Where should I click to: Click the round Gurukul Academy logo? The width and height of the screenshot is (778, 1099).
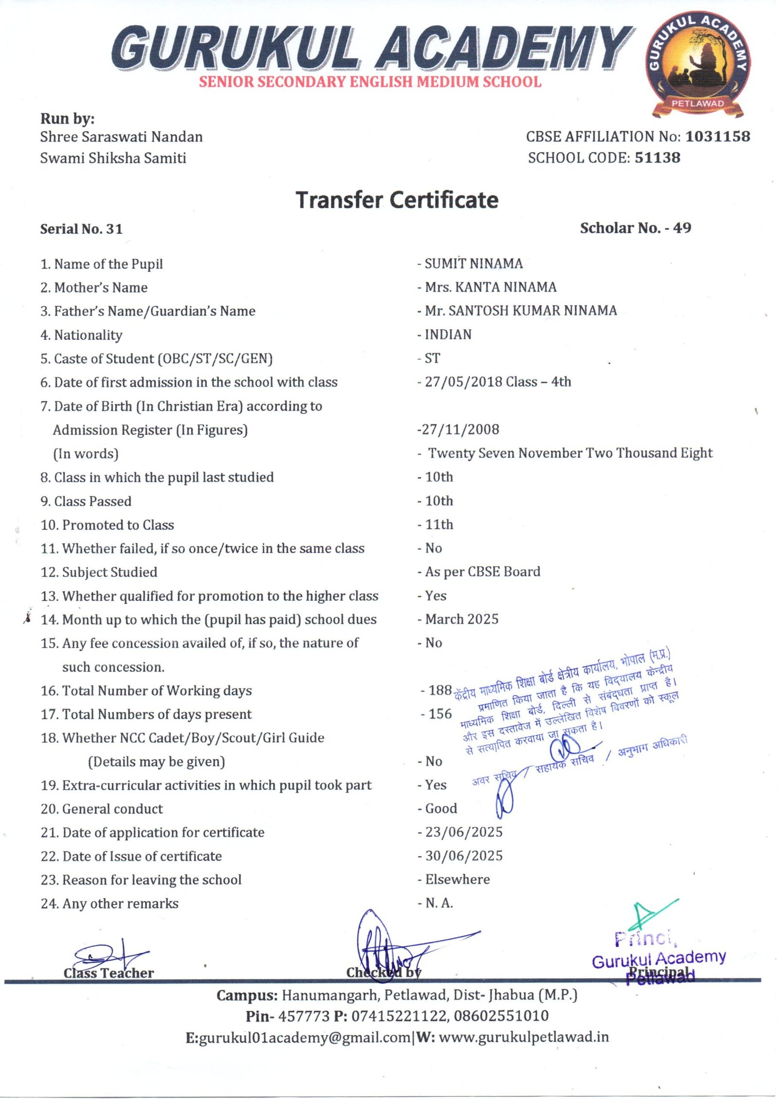coord(698,64)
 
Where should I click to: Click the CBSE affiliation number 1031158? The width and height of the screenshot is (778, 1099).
coord(718,137)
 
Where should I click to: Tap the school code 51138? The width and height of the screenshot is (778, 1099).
coord(657,158)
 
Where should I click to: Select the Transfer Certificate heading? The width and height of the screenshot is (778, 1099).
coord(397,200)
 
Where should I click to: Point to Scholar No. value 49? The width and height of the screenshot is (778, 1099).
coord(682,228)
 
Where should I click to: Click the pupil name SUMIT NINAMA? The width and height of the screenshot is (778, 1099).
coord(474,264)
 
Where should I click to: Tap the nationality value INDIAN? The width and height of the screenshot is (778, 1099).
coord(448,335)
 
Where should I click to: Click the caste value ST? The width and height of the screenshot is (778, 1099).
coord(432,358)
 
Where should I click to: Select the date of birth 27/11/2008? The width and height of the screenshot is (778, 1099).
coord(460,429)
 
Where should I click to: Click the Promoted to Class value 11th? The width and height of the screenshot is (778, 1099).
coord(439,524)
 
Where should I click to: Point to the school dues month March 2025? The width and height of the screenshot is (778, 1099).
coord(461,619)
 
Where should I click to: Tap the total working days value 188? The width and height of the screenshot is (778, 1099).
coord(440,690)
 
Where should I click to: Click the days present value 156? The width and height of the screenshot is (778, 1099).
coord(440,714)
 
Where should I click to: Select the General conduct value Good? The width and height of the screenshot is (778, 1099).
coord(441,808)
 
